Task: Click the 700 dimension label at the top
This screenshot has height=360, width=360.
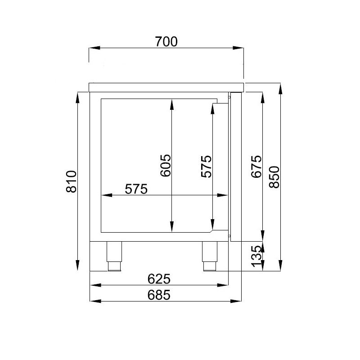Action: tap(166, 42)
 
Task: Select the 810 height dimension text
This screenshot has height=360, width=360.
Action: tap(71, 181)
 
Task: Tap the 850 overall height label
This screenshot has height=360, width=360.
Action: tap(274, 177)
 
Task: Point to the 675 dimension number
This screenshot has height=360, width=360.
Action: tap(256, 166)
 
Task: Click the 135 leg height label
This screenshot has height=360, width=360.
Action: tap(256, 256)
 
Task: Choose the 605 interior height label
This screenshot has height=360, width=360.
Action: tap(166, 165)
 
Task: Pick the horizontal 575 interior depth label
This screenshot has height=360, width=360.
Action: tap(136, 189)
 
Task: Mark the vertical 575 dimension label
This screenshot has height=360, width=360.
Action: tap(207, 166)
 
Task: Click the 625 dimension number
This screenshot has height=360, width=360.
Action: tap(159, 279)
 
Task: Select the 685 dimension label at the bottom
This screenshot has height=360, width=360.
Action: tap(159, 295)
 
